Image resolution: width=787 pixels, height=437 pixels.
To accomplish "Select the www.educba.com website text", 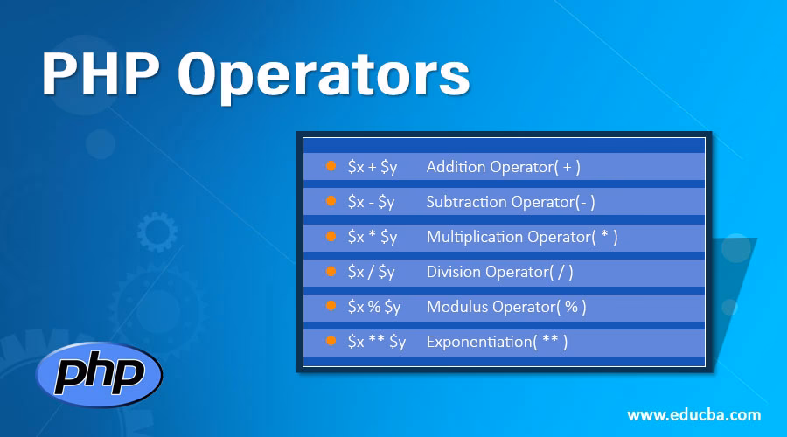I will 693,415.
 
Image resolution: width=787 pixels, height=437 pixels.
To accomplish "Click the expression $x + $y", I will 373,167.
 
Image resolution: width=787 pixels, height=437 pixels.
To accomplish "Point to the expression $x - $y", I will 371,202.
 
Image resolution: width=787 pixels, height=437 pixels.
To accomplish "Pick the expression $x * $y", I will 373,237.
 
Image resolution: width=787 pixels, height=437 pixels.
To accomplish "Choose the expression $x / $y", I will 371,272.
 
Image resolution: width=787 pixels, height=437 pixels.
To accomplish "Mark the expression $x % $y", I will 374,307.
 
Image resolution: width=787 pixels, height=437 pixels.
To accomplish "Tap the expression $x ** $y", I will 377,342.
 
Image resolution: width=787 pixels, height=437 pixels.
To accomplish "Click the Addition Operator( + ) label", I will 504,167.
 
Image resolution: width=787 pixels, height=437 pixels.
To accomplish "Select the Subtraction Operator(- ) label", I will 511,202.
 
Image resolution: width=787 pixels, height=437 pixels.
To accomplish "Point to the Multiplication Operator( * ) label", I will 522,237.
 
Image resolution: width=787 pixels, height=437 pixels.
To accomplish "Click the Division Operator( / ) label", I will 499,272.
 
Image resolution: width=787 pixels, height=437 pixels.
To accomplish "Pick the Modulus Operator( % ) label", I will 506,307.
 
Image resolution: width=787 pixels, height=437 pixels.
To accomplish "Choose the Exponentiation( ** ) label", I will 497,342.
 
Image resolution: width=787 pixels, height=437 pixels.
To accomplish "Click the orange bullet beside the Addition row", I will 331,165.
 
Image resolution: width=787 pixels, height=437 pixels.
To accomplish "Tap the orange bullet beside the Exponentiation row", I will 331,340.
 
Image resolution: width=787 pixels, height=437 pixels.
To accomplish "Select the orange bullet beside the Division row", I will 331,270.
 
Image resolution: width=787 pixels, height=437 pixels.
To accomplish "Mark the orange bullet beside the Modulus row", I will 331,305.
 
